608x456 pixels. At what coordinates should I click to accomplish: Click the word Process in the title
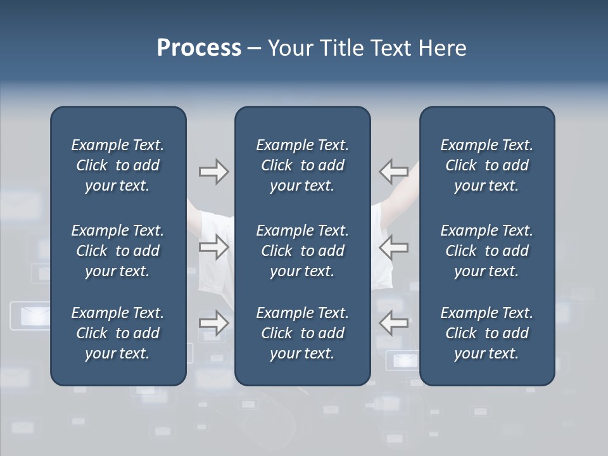pyautogui.click(x=199, y=48)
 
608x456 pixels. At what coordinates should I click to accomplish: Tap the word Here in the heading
pyautogui.click(x=441, y=48)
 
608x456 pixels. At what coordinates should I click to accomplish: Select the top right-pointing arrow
pyautogui.click(x=213, y=172)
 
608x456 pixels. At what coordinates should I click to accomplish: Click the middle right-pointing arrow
pyautogui.click(x=213, y=247)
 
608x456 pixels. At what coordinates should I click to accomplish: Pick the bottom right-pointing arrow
pyautogui.click(x=213, y=323)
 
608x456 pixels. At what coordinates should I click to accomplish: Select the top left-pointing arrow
pyautogui.click(x=394, y=171)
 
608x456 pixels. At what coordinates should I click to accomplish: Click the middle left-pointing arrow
pyautogui.click(x=394, y=247)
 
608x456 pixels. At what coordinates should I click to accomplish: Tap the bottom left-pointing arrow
pyautogui.click(x=394, y=323)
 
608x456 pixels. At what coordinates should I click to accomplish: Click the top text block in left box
pyautogui.click(x=117, y=165)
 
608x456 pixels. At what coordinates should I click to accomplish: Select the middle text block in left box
pyautogui.click(x=117, y=251)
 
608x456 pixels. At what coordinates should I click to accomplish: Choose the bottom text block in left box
pyautogui.click(x=117, y=333)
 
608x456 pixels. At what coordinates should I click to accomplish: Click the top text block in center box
pyautogui.click(x=302, y=165)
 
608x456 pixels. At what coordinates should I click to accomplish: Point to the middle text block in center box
pyautogui.click(x=302, y=251)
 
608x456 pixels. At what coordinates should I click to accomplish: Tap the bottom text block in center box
pyautogui.click(x=302, y=333)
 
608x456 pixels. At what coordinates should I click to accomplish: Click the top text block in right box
pyautogui.click(x=486, y=165)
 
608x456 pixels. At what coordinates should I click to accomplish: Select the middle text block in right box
pyautogui.click(x=486, y=251)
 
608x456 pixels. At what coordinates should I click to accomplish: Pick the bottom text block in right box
pyautogui.click(x=486, y=333)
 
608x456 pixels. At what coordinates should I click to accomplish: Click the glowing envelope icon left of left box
pyautogui.click(x=30, y=315)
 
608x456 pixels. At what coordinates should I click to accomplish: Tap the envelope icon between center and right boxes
pyautogui.click(x=404, y=361)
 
